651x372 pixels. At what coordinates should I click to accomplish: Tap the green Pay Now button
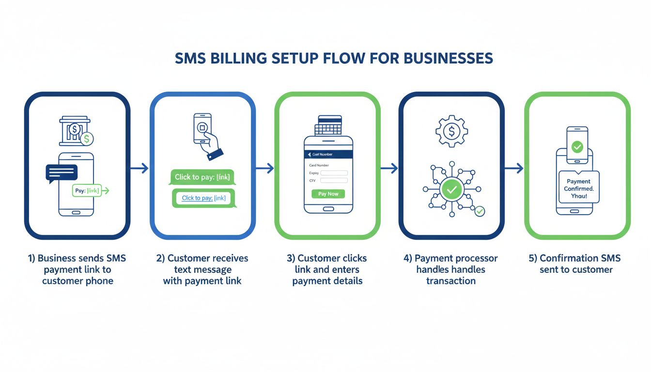coord(328,194)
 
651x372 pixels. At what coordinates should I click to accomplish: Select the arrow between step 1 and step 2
coord(139,168)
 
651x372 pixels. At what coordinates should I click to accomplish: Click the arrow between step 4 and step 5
coord(514,168)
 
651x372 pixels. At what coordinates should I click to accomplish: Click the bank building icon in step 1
coord(74,130)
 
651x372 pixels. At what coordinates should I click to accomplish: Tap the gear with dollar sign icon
coord(451,131)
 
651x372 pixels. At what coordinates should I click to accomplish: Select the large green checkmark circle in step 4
coord(451,190)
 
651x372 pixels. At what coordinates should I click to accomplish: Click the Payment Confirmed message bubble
coord(579,187)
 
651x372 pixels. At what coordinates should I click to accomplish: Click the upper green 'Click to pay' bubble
coord(202,177)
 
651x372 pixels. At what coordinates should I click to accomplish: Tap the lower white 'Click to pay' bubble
coord(203,198)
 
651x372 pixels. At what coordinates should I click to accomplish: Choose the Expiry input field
coord(334,173)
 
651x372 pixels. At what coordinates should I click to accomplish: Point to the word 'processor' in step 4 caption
coord(478,258)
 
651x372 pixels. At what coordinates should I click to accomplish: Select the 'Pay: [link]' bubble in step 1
coord(87,191)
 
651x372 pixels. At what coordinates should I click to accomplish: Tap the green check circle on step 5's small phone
coord(577,147)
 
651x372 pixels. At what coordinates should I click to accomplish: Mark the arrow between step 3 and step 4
coord(389,168)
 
